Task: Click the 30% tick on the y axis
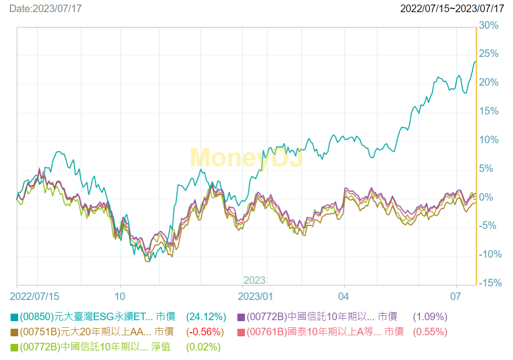click(489, 25)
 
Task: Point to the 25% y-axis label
click(489, 54)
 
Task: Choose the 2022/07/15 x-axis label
click(34, 295)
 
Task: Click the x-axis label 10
click(120, 295)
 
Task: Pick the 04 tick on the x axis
click(344, 295)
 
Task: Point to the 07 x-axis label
click(456, 295)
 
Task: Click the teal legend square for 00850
click(14, 317)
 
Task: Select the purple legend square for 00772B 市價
click(241, 317)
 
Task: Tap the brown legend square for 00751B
click(14, 332)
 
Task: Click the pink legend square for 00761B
click(241, 332)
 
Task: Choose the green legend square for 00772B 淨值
click(14, 347)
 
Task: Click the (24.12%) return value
click(206, 317)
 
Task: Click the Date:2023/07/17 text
click(45, 9)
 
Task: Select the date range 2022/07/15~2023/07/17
click(452, 9)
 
